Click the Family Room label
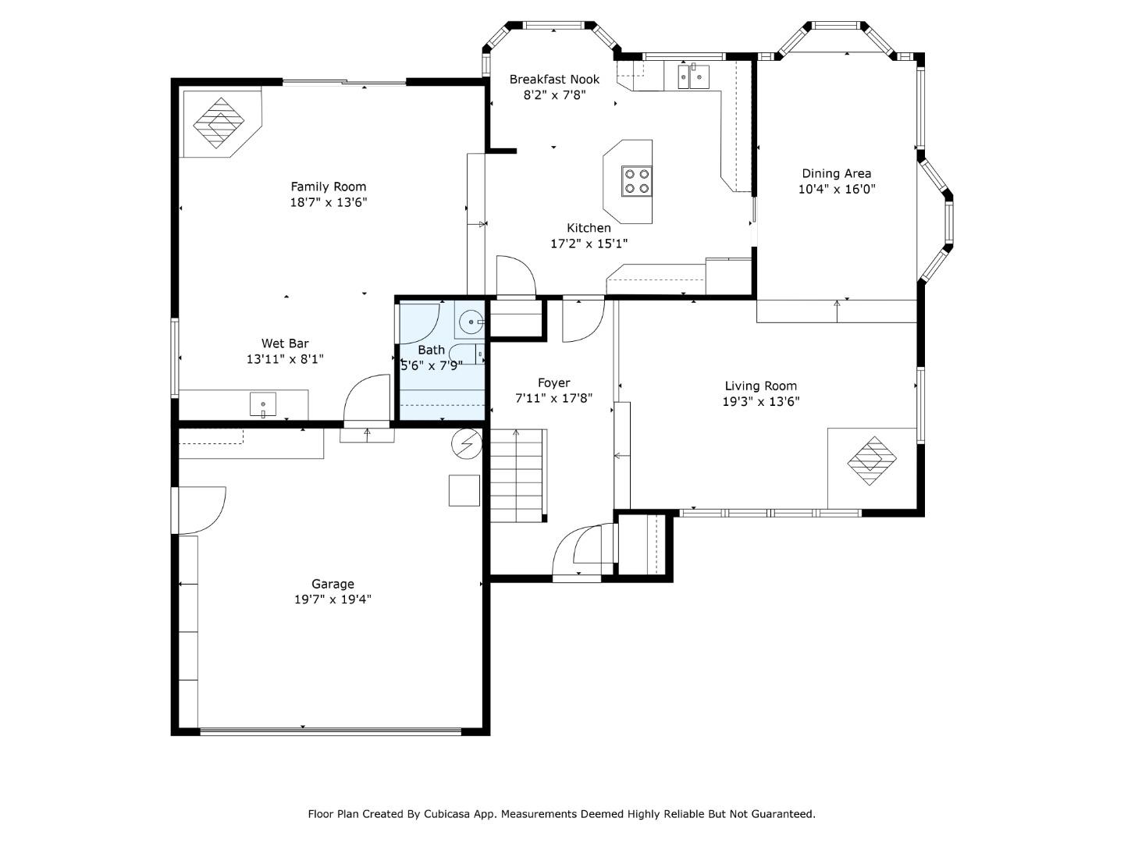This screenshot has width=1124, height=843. tap(329, 187)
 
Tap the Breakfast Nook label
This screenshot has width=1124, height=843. tap(554, 80)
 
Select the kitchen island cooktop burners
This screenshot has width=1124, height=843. tap(637, 181)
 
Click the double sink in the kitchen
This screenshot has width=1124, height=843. tap(694, 77)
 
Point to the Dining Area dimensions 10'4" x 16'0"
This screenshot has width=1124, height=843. tap(837, 189)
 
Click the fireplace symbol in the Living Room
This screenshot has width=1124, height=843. tap(872, 461)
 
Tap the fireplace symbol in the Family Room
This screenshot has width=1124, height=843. tap(219, 123)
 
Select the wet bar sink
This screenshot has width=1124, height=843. tap(263, 404)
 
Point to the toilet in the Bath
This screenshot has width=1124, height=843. tap(467, 354)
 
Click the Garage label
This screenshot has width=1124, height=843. tap(333, 584)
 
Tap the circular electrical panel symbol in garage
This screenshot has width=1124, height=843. tap(467, 444)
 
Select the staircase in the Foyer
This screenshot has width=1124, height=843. tap(518, 475)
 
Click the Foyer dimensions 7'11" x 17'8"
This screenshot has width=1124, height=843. tap(553, 398)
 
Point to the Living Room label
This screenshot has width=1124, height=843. tap(761, 386)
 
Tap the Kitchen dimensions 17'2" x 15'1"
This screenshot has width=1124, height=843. tap(589, 244)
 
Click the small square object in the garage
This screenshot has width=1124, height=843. tap(464, 491)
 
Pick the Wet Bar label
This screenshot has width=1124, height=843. tap(285, 343)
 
